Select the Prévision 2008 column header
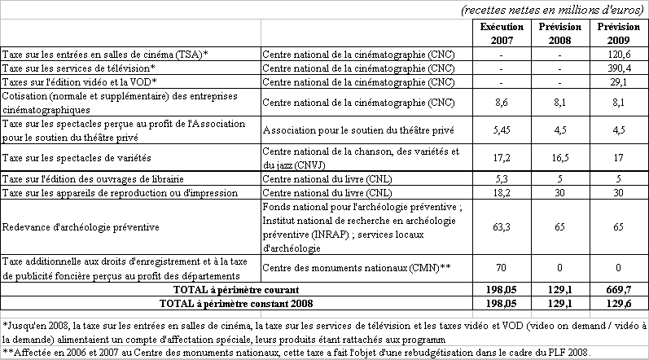click(x=560, y=33)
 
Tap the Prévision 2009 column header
click(x=617, y=33)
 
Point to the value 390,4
click(x=617, y=68)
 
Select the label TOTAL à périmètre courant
click(x=230, y=290)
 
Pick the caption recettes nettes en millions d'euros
click(x=552, y=9)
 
